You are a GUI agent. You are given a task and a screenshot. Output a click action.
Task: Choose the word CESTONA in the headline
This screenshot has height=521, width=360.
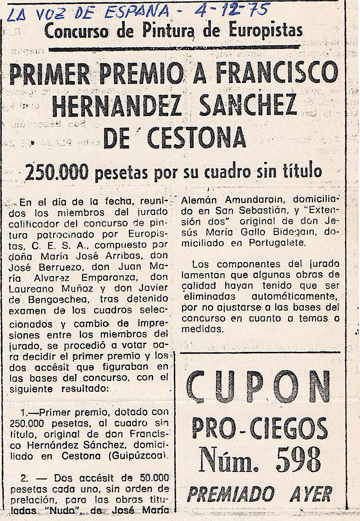coord(193,137)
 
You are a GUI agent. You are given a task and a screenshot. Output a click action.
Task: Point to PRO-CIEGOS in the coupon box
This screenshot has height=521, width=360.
coord(260,428)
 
